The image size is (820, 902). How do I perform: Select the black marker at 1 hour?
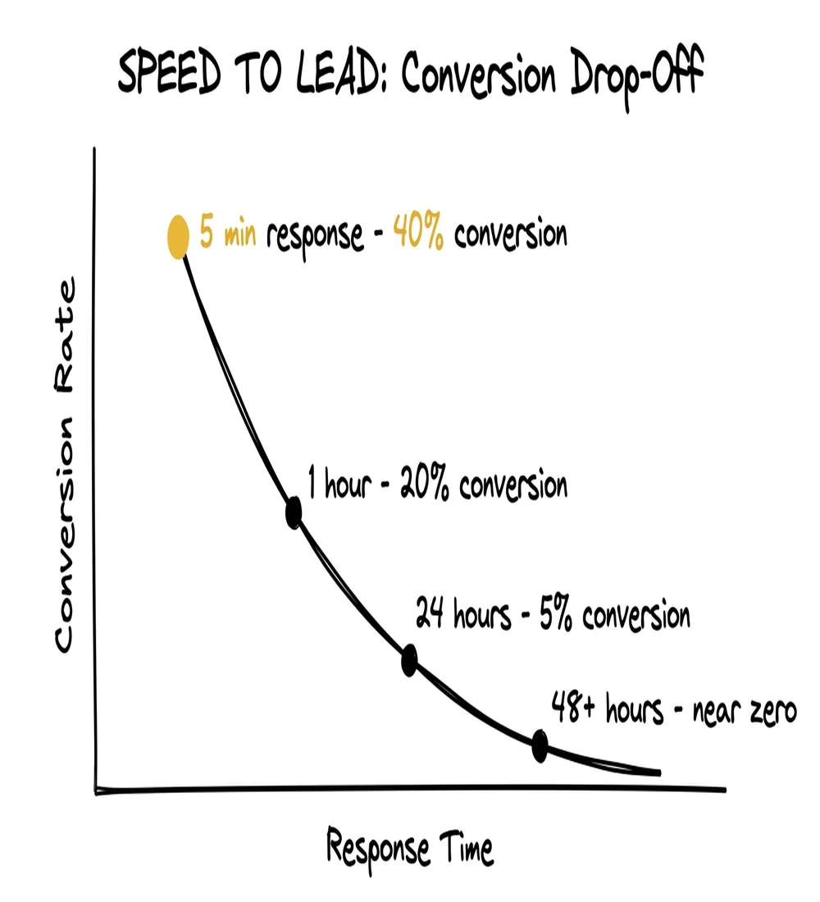pyautogui.click(x=294, y=512)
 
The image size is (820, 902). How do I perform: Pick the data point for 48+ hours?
pyautogui.click(x=540, y=745)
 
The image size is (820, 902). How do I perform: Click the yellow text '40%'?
pyautogui.click(x=419, y=234)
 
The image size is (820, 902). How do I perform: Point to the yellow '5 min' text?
pyautogui.click(x=228, y=235)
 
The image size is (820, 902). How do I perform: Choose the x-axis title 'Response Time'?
pyautogui.click(x=410, y=848)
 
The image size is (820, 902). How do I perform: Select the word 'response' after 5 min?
pyautogui.click(x=314, y=235)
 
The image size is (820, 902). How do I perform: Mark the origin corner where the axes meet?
pyautogui.click(x=97, y=790)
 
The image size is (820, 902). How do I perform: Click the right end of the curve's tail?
pyautogui.click(x=658, y=772)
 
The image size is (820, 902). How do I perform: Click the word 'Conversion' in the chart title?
pyautogui.click(x=478, y=77)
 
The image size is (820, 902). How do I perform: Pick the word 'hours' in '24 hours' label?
pyautogui.click(x=477, y=615)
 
